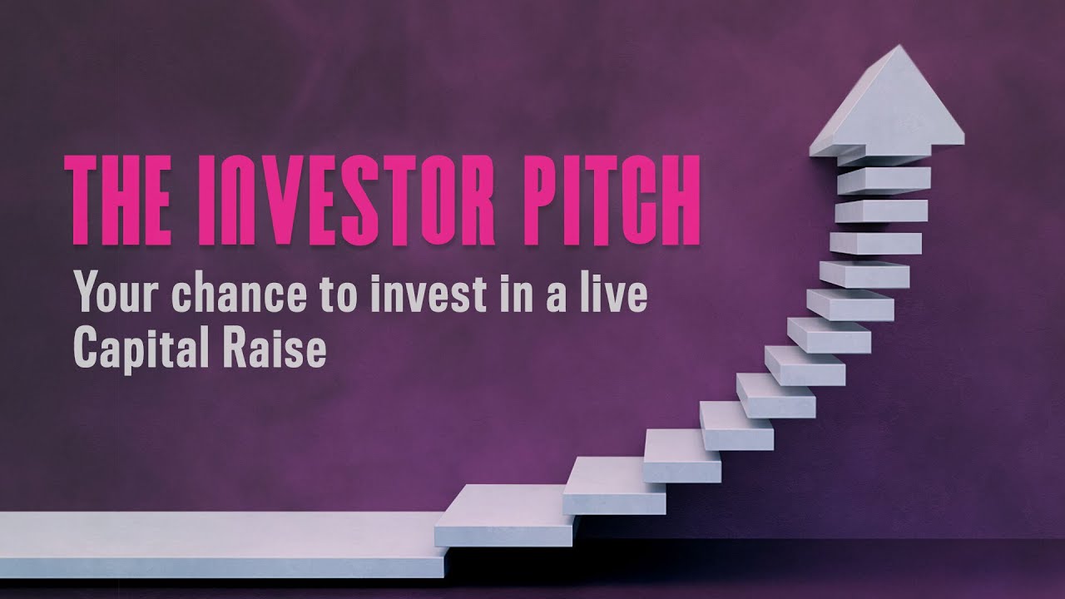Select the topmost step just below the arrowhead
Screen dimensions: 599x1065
click(884, 179)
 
